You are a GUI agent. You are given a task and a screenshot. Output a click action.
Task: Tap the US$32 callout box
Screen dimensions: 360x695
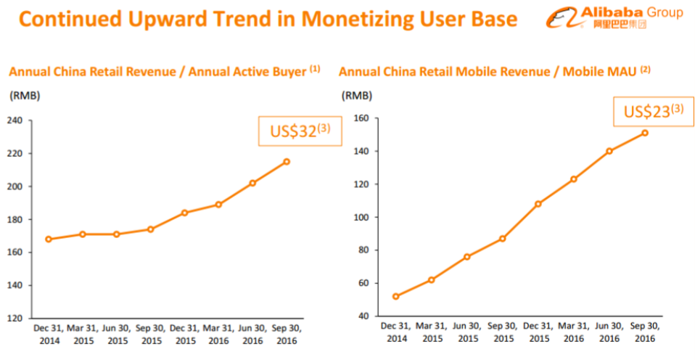[x=300, y=131]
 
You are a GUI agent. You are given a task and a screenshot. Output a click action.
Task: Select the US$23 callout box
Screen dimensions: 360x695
[x=652, y=111]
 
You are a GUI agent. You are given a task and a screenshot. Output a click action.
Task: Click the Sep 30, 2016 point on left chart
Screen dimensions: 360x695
[x=287, y=161]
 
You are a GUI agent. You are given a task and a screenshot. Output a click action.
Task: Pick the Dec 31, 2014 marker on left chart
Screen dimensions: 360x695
[x=48, y=239]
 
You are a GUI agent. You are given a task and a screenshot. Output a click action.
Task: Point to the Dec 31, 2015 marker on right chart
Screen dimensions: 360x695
[x=538, y=204]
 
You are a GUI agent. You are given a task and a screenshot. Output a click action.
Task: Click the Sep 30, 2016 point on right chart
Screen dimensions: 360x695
[x=644, y=133]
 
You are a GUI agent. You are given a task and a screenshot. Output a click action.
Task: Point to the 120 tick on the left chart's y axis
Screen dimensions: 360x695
[x=16, y=319]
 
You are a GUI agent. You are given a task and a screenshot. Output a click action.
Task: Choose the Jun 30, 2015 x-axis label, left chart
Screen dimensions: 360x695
[x=116, y=333]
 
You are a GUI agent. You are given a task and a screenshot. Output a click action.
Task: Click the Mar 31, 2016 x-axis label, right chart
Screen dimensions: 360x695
[x=573, y=333]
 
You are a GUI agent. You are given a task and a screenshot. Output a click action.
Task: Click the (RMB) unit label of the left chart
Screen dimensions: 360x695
[x=24, y=95]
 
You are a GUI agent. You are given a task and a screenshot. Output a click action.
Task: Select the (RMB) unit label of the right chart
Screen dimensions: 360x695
[x=356, y=95]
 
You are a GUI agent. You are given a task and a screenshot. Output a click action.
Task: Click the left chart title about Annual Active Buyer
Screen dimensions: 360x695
[x=164, y=71]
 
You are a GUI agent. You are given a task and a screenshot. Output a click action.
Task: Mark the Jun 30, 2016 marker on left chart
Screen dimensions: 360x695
[x=252, y=183]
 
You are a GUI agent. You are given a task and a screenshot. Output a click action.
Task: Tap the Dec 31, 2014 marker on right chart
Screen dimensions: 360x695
[x=395, y=296]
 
